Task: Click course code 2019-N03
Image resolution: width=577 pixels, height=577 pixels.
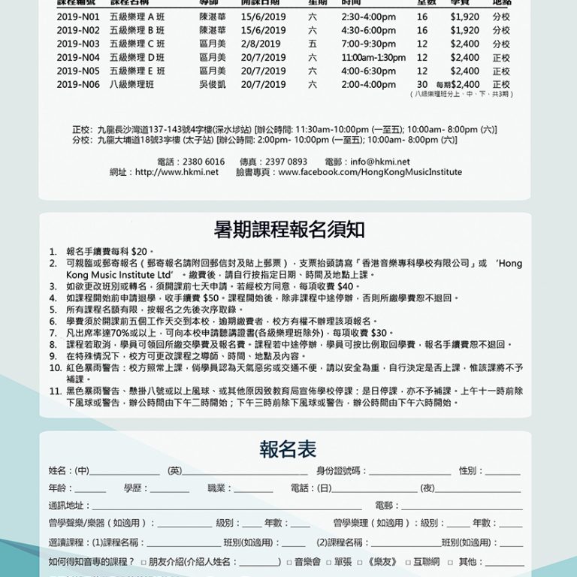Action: (x=78, y=44)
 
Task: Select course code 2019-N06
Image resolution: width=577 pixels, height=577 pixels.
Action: (x=78, y=85)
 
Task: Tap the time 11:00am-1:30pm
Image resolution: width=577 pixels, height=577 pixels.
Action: (x=373, y=58)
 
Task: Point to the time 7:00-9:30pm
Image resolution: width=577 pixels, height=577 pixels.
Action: (x=368, y=44)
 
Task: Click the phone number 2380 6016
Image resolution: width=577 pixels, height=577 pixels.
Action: (x=203, y=162)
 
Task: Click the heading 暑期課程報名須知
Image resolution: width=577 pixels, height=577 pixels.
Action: (x=288, y=230)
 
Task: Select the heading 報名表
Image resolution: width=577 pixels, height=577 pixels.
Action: (x=288, y=449)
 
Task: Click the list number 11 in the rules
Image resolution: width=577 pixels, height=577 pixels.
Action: (x=56, y=391)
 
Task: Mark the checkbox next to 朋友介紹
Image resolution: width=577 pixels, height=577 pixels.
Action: (x=143, y=562)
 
